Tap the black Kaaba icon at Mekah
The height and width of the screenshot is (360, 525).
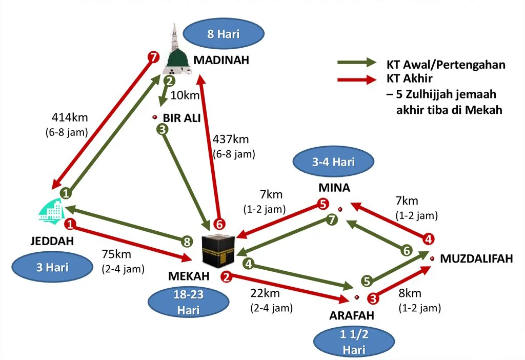pyautogui.click(x=219, y=250)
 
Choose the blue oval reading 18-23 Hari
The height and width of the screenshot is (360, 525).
pyautogui.click(x=189, y=303)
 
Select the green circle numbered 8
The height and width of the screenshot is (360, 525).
pyautogui.click(x=189, y=241)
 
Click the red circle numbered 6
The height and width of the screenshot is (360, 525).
pyautogui.click(x=219, y=224)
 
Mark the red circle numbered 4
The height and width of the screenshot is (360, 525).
pyautogui.click(x=429, y=238)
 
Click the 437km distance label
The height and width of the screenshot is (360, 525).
pyautogui.click(x=231, y=139)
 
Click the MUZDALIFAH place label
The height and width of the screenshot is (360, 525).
pyautogui.click(x=476, y=259)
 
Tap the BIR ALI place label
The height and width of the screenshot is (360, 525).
pyautogui.click(x=181, y=117)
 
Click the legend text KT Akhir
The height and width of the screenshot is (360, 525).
pyautogui.click(x=409, y=79)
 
